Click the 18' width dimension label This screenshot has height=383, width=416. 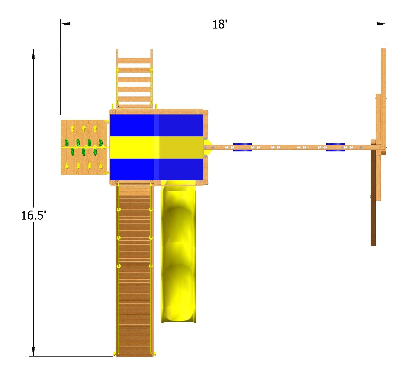pos(220,24)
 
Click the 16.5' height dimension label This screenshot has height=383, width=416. pos(33,215)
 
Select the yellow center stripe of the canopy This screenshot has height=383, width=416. pos(156,147)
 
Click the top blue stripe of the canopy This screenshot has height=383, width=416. pos(156,125)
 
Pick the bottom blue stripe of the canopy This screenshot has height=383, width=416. pos(156,169)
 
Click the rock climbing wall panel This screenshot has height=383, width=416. pos(84,147)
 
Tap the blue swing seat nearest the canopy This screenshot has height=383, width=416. pos(242,147)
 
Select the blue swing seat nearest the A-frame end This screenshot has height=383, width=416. pos(335,147)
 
